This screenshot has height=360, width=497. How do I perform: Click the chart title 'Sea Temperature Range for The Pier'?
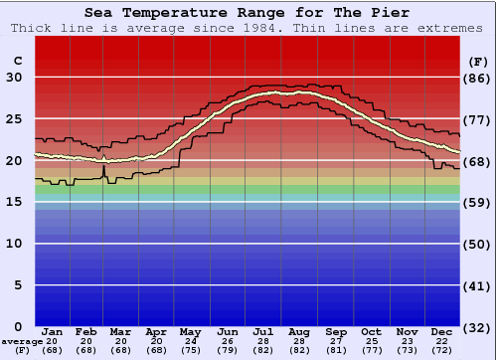[x=247, y=13]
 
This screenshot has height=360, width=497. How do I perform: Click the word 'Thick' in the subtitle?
[x=33, y=28]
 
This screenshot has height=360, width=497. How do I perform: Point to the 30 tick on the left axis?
[x=15, y=78]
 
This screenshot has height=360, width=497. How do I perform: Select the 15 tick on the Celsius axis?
[x=15, y=202]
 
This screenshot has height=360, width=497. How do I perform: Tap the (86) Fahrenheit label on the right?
[x=477, y=78]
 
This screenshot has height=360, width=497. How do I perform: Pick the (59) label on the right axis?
[x=477, y=202]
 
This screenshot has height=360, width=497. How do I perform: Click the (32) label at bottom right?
[x=477, y=327]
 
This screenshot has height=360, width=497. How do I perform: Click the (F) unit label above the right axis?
[x=477, y=61]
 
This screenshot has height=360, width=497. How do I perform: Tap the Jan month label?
[x=53, y=331]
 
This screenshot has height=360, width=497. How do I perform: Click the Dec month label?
[x=442, y=331]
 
